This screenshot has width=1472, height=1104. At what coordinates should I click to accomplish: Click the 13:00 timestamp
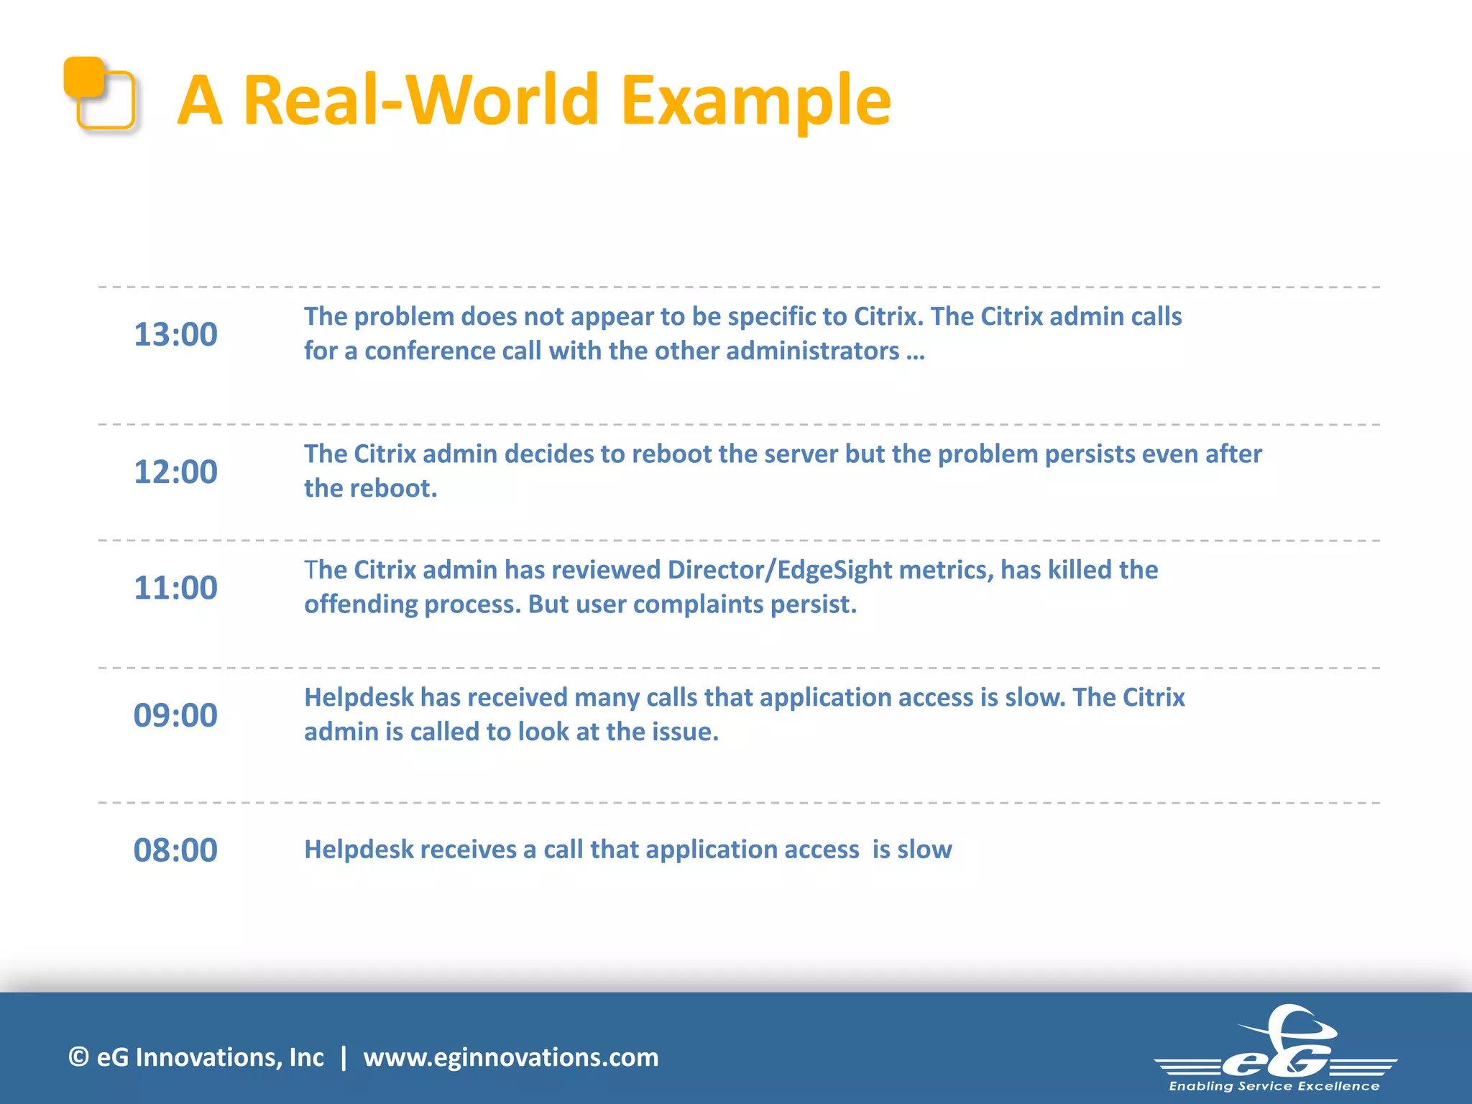175,334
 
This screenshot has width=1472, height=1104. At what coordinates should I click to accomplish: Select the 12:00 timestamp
175,471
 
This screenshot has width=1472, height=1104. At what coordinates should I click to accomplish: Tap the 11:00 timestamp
175,587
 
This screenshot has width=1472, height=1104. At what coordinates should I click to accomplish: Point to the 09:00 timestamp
175,715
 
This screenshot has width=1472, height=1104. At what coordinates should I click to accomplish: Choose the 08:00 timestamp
175,850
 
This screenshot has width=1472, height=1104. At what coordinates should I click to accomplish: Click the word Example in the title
755,101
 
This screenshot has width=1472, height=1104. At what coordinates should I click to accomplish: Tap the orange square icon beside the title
99,93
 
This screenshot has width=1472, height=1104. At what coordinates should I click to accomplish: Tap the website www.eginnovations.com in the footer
510,1057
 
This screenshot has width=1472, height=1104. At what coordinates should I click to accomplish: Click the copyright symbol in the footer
78,1057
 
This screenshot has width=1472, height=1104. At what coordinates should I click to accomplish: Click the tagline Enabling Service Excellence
1274,1086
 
